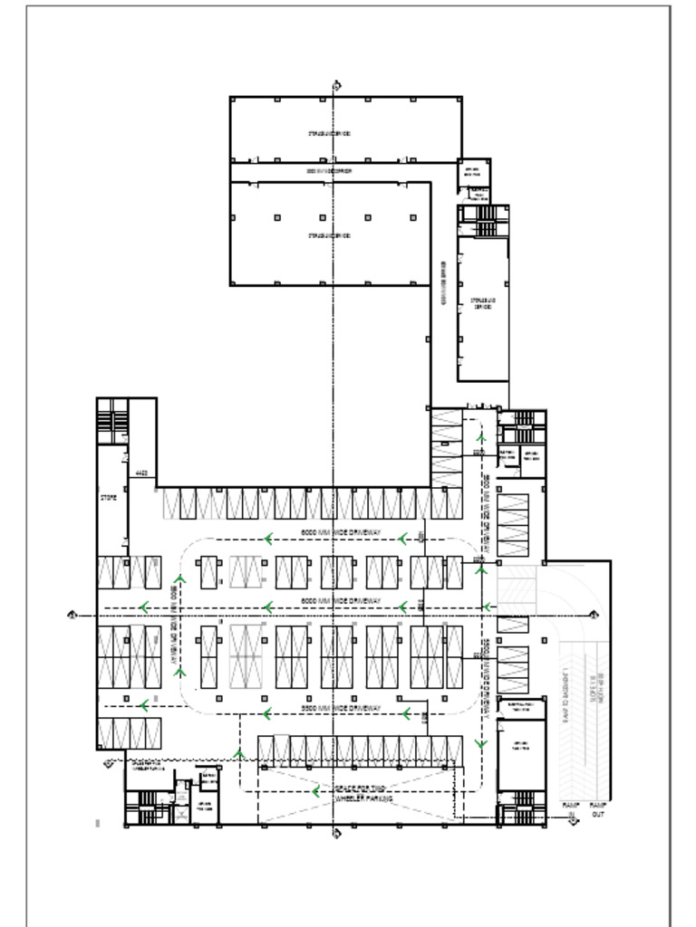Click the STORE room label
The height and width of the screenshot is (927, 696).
(108, 498)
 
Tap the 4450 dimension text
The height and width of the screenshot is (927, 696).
(140, 473)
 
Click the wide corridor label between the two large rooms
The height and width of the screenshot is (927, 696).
(329, 170)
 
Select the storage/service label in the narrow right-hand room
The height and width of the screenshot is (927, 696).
(482, 304)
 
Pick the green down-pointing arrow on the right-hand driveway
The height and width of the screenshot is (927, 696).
(480, 745)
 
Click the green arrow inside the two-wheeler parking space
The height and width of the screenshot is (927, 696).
(314, 791)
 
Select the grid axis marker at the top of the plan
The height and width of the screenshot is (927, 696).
(336, 85)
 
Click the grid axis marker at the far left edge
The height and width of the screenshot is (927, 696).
(72, 616)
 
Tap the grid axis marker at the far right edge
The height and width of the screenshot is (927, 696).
(594, 616)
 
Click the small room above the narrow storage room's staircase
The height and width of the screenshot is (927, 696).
(473, 172)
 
